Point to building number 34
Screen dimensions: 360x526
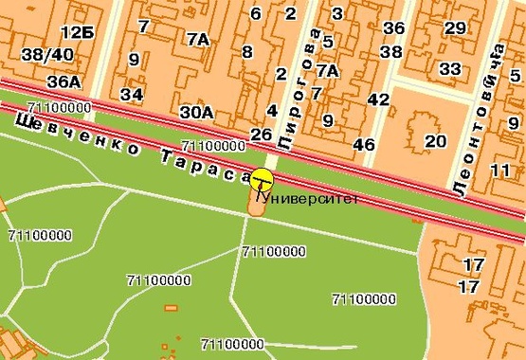(132, 94)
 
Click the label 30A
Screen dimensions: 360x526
(197, 113)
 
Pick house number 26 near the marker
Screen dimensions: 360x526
(262, 134)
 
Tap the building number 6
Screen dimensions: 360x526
(256, 13)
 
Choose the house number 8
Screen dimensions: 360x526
(247, 51)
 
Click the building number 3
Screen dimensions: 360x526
(337, 13)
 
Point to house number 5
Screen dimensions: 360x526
(327, 41)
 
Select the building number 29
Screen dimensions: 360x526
(455, 27)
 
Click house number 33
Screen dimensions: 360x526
(450, 69)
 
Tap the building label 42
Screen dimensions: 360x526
(378, 99)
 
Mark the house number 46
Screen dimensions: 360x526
(363, 144)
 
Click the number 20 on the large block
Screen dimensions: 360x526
(435, 141)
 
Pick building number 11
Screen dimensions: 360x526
(501, 170)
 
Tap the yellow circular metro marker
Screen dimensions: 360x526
(261, 178)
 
